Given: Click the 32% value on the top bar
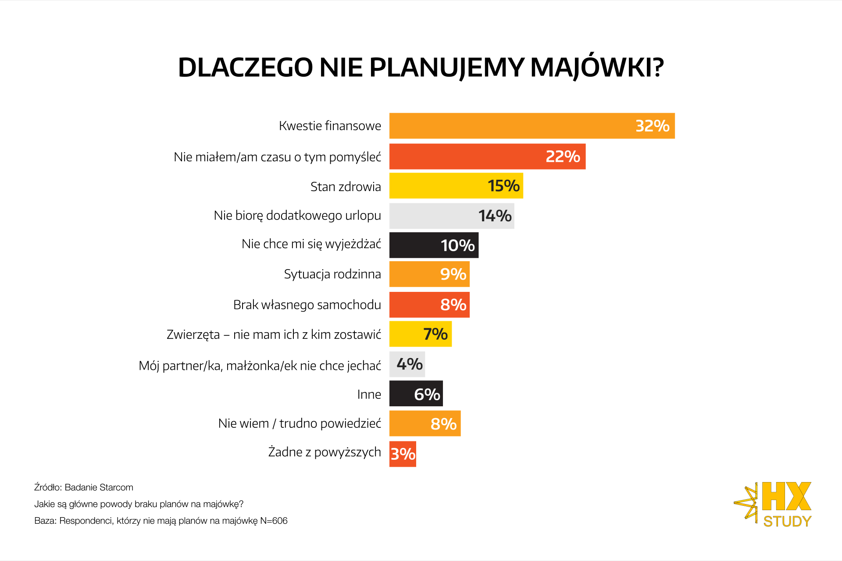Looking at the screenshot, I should tap(652, 126).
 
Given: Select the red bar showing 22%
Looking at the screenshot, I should tap(487, 156).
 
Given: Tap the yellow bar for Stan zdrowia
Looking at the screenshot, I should tap(456, 186).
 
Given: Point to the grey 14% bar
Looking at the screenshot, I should tap(451, 216).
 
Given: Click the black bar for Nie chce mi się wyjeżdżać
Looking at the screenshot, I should tap(434, 245).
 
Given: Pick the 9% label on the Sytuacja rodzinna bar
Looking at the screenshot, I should tap(453, 274).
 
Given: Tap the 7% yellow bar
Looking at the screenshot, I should tap(420, 334).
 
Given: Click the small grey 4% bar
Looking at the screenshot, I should tap(407, 364).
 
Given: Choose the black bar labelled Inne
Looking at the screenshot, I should tap(416, 394).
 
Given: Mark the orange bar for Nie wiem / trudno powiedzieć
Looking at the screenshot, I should tap(425, 423).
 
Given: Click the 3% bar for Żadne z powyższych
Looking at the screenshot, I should tap(403, 454).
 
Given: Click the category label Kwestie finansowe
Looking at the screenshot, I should tap(330, 126).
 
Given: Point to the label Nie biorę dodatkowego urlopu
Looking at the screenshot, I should tap(297, 216).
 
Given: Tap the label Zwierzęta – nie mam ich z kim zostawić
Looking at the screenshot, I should tap(274, 335).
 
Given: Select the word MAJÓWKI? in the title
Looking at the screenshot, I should tap(597, 68).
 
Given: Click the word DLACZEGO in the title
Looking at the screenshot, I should tap(245, 68).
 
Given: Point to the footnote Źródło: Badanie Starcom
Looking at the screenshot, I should tap(84, 487).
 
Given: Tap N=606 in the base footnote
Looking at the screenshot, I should tap(274, 521).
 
